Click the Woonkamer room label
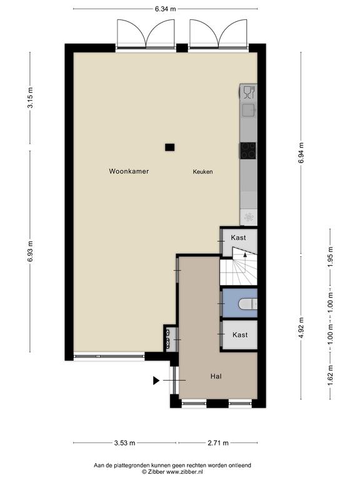(x=129, y=171)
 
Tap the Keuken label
(x=202, y=172)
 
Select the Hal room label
(x=216, y=376)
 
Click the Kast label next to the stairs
(x=238, y=237)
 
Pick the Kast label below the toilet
(x=240, y=335)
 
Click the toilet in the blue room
(x=247, y=304)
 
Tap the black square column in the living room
(x=169, y=147)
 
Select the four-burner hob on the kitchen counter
(x=248, y=151)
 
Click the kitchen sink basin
(x=248, y=110)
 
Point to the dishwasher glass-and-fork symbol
(x=249, y=92)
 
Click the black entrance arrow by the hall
(x=156, y=381)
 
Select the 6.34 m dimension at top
(x=165, y=9)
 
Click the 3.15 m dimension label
(x=30, y=98)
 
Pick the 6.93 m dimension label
(x=30, y=251)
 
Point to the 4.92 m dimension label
(x=301, y=327)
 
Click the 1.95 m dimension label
(x=330, y=257)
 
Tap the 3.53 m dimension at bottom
(x=124, y=443)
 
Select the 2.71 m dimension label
(x=218, y=443)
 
